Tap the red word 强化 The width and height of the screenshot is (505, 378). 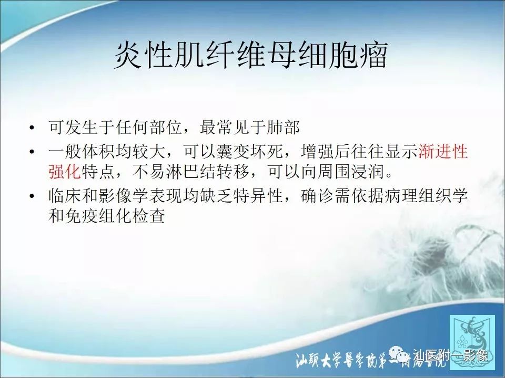[x=65, y=171]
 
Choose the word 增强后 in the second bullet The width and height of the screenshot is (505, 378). [x=320, y=152]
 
